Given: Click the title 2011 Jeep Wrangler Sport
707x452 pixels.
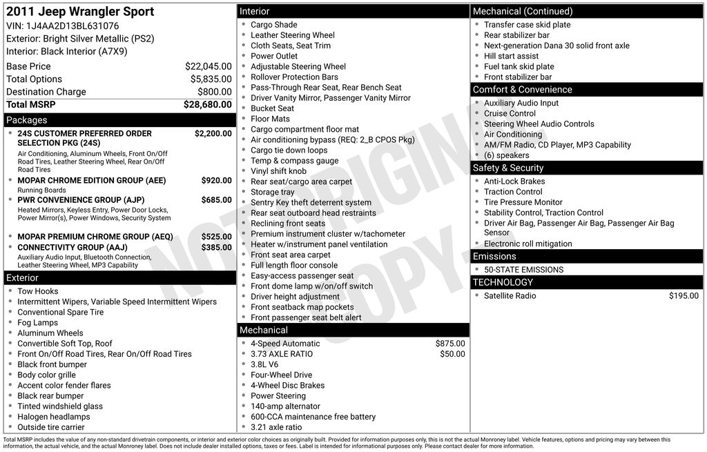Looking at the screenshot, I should [x=80, y=12].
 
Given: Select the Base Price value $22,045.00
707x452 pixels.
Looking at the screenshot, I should [x=208, y=66].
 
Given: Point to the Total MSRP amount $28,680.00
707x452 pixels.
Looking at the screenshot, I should [x=207, y=104].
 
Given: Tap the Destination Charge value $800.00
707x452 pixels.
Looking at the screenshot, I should [x=214, y=92].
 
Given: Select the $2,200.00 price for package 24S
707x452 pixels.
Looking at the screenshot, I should [x=213, y=133].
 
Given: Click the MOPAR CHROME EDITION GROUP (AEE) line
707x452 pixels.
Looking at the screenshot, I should [x=91, y=180].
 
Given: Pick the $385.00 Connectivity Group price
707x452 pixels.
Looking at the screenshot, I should [x=216, y=247].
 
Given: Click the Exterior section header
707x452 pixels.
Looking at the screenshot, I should [x=23, y=278].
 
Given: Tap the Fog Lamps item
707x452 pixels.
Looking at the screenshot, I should [x=37, y=322].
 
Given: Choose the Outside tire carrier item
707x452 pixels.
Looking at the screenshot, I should [x=51, y=427].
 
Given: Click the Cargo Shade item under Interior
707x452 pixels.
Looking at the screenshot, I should [x=273, y=25].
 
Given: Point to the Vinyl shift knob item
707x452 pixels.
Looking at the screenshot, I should [x=278, y=171].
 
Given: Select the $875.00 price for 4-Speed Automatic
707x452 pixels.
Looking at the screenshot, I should [x=450, y=344].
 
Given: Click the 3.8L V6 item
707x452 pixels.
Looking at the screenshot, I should [x=264, y=364].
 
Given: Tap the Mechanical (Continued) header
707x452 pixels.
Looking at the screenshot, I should [x=522, y=11].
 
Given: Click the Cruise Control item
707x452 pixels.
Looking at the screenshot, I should [x=510, y=114].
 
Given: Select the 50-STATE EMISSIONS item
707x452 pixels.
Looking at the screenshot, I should [x=523, y=270].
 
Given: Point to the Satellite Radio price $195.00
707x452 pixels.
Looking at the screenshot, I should [x=684, y=296].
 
